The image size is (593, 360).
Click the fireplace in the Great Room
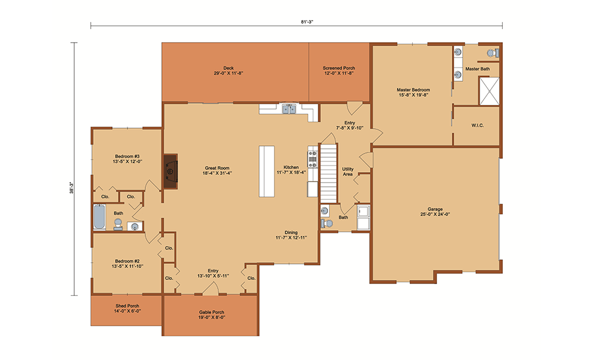click(171, 171)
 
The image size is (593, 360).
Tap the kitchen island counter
click(267, 171)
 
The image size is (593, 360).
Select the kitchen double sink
click(289, 109)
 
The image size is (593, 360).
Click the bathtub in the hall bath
click(100, 216)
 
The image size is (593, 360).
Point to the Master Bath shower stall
click(489, 91)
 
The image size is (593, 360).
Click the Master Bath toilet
click(493, 53)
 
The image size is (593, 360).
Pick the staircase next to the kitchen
click(329, 173)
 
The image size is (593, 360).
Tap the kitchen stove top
click(313, 159)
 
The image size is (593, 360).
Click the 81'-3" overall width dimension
click(307, 22)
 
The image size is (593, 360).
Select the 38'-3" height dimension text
click(71, 187)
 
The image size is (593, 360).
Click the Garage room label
click(435, 209)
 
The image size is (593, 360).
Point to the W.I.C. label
click(477, 125)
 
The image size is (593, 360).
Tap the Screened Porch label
click(339, 68)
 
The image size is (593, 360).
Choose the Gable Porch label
click(212, 312)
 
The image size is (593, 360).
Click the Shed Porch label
click(127, 306)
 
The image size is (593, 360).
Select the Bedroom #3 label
click(127, 156)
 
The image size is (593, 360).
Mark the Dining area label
click(291, 232)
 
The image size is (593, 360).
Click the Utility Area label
click(348, 171)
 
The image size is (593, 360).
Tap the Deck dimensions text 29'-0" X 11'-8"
click(228, 74)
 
